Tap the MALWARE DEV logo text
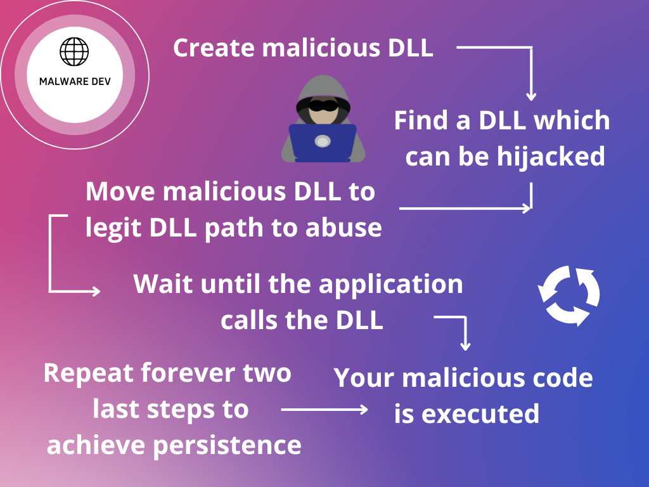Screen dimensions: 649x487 75,82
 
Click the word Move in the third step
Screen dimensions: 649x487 120,192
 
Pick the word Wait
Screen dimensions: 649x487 164,283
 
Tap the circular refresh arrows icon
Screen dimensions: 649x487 569,296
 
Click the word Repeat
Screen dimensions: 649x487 89,372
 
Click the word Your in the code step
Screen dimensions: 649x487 362,378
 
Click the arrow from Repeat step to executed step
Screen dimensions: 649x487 324,410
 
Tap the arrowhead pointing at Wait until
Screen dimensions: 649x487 96,291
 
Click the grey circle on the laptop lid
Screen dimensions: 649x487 322,141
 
